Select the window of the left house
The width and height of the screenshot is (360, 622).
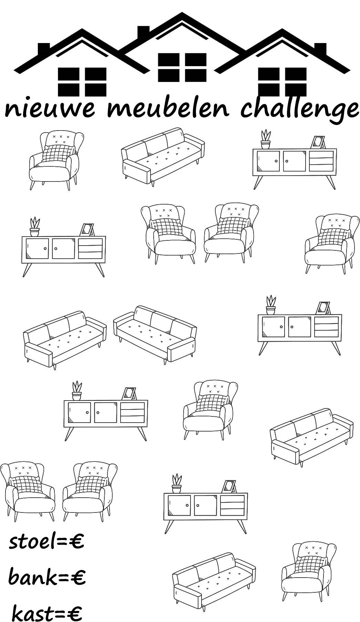pos(82,82)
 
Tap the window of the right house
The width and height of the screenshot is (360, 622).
pos(282,82)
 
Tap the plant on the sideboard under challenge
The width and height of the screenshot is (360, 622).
pos(266,139)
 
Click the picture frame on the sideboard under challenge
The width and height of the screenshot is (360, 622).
pos(318,142)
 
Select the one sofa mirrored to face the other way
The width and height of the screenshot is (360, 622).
pos(155,334)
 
